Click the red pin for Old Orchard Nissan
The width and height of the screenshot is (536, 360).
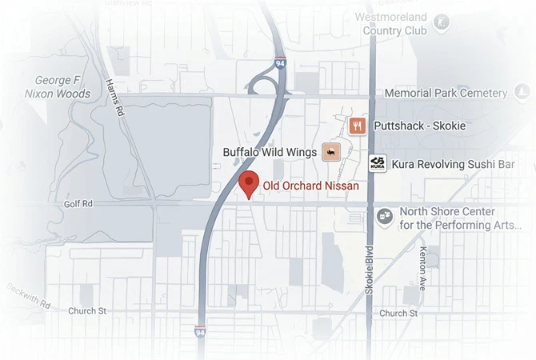(x=249, y=183)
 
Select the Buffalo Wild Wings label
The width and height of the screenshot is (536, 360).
(x=270, y=151)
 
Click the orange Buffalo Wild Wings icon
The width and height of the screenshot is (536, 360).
(x=330, y=152)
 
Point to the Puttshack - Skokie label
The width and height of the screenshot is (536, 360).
(x=419, y=126)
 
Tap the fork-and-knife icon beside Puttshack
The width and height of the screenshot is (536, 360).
(x=358, y=126)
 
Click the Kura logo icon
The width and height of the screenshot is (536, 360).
(x=378, y=163)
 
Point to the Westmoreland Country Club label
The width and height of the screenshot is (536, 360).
(x=394, y=23)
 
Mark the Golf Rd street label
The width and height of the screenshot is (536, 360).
(x=78, y=204)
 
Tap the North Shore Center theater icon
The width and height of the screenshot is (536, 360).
(x=385, y=216)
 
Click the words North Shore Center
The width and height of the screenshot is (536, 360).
(x=446, y=212)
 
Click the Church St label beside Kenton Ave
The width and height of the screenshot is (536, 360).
(x=398, y=314)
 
